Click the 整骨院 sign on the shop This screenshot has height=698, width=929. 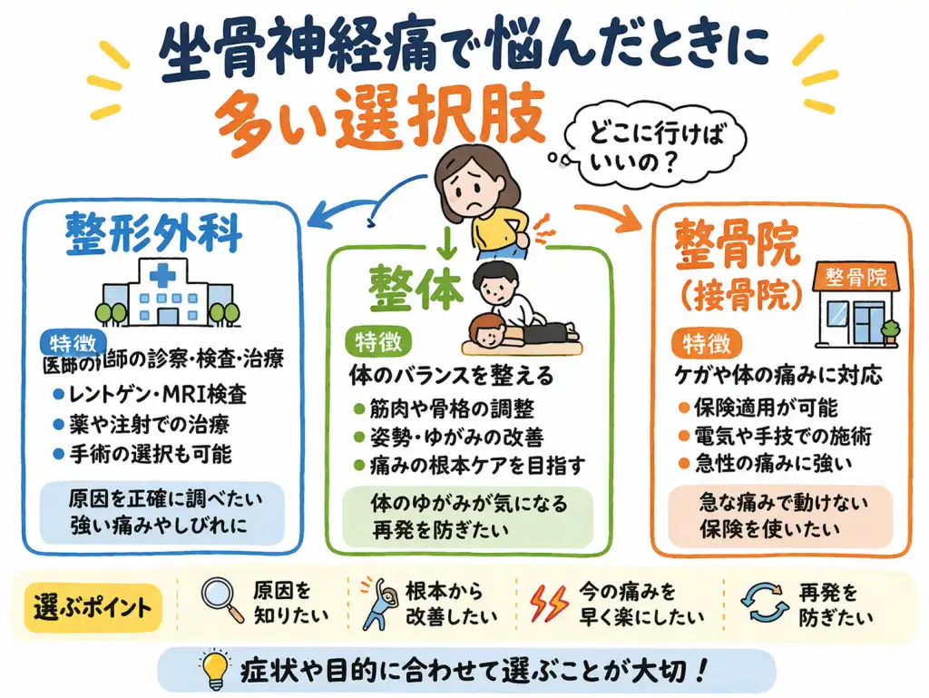coord(856,276)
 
